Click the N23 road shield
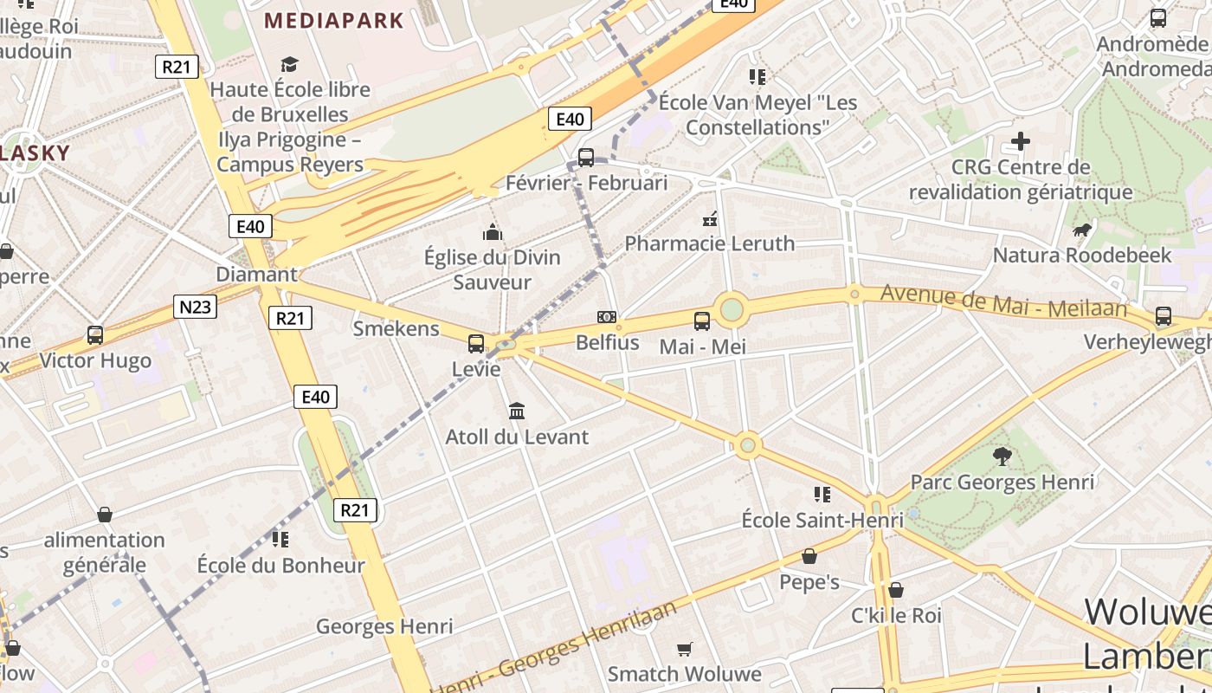(x=195, y=306)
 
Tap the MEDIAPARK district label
(x=334, y=20)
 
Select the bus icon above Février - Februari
(x=586, y=158)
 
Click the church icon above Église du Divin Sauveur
(x=493, y=232)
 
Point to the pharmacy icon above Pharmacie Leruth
(x=710, y=218)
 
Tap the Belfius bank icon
(x=607, y=317)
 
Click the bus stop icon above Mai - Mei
(x=702, y=321)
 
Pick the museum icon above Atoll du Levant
(x=517, y=411)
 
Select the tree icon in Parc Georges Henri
(x=1002, y=456)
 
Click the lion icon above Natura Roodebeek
(x=1081, y=230)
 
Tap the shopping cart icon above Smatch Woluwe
(x=685, y=649)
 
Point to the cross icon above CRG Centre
(x=1021, y=140)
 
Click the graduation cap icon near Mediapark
(x=289, y=64)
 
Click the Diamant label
(x=256, y=275)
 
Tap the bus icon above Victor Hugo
(x=95, y=334)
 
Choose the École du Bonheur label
(x=281, y=566)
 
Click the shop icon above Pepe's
(x=809, y=556)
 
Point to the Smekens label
(x=396, y=329)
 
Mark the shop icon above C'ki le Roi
(x=896, y=590)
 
